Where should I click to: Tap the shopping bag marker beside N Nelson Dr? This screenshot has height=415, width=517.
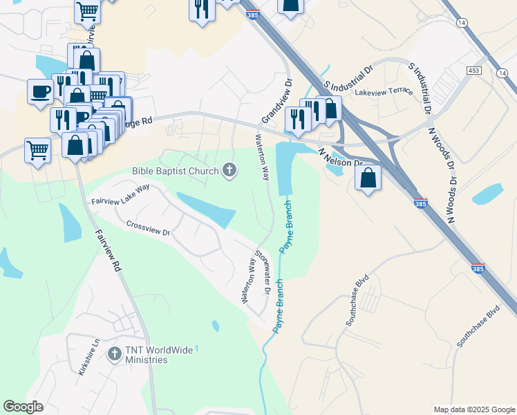pos(368,179)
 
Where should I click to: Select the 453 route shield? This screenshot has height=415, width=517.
pos(473,71)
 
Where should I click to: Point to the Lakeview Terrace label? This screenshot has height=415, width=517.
pos(384,91)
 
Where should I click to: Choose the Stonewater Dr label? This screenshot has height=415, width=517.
pos(262,271)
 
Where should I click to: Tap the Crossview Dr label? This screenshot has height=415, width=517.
pos(148,228)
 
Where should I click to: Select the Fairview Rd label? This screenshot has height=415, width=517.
pos(109,250)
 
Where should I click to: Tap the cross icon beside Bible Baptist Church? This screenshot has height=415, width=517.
pos(229,170)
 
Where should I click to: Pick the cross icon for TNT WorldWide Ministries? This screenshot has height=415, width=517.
pos(114,354)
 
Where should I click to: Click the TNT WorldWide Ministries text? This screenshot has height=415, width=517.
pos(159,355)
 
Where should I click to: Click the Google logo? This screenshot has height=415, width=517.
pos(23,407)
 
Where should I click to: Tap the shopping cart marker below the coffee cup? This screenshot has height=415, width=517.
pos(37,150)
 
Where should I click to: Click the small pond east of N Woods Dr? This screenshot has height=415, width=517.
pos(487,194)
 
